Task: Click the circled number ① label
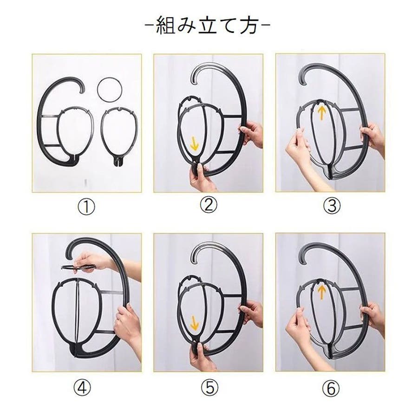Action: [x=86, y=207]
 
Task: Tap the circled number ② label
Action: [x=209, y=204]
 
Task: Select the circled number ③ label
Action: [x=332, y=206]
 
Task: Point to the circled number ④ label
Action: [x=82, y=388]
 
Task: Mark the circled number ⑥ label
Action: [x=331, y=388]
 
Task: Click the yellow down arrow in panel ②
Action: [x=195, y=144]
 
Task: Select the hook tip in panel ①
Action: [x=82, y=91]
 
